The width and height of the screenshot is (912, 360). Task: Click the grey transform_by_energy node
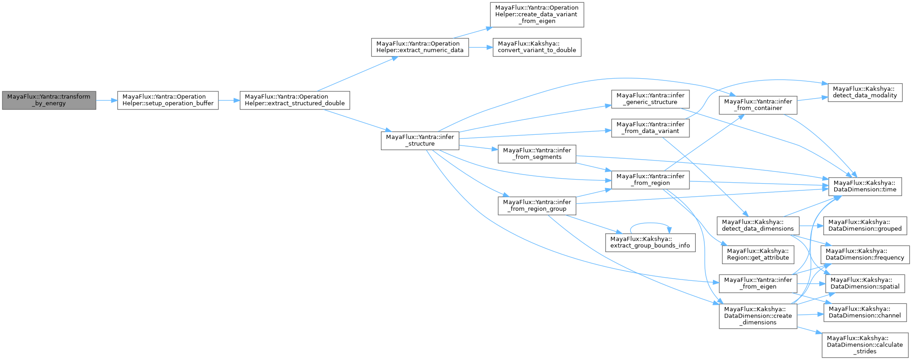tap(49, 100)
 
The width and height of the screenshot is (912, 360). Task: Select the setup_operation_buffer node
tap(168, 100)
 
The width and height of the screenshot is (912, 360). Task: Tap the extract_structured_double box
tap(295, 100)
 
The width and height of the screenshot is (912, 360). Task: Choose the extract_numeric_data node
tap(420, 47)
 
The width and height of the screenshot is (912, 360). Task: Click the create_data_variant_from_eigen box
tap(537, 14)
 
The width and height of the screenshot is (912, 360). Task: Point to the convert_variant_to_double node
tap(537, 47)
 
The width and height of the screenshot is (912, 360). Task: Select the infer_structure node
tap(420, 140)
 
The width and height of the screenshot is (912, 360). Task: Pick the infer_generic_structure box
tap(650, 99)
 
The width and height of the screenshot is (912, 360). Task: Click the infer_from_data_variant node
tap(650, 128)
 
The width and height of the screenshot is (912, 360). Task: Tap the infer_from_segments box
tap(537, 153)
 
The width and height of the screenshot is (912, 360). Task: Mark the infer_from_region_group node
tap(537, 205)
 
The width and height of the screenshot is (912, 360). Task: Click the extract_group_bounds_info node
tap(650, 242)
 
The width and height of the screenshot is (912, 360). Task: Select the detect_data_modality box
tap(864, 92)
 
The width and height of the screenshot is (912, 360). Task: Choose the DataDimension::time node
tap(864, 186)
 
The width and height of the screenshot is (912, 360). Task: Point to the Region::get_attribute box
tap(758, 254)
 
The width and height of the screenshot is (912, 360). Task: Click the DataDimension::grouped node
tap(864, 225)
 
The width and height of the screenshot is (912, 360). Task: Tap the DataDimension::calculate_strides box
tap(864, 345)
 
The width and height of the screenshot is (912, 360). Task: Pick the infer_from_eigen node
tap(758, 283)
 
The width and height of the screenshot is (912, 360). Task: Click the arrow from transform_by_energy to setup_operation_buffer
tap(106, 100)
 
